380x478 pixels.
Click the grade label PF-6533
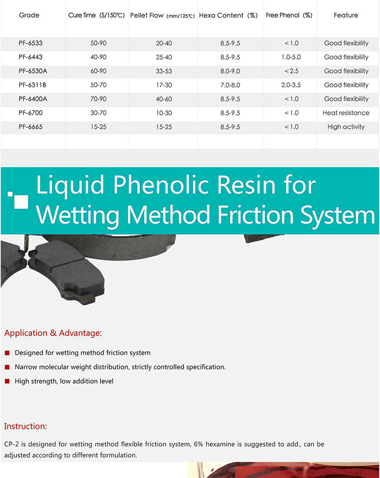pos(30,43)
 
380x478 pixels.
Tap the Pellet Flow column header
pos(162,16)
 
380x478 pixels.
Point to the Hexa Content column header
pos(228,16)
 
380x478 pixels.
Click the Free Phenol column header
pos(289,16)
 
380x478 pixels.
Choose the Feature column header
pos(346,16)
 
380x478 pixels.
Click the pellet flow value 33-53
pos(164,71)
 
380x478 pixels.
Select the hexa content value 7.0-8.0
pos(230,85)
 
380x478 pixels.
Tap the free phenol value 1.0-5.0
pos(291,57)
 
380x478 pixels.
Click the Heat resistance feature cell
pos(346,113)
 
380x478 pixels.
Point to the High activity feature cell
pos(346,127)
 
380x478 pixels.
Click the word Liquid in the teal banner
pos(70,185)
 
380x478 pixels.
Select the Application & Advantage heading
pos(53,333)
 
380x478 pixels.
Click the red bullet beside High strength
pos(7,381)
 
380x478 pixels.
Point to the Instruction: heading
pos(26,426)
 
